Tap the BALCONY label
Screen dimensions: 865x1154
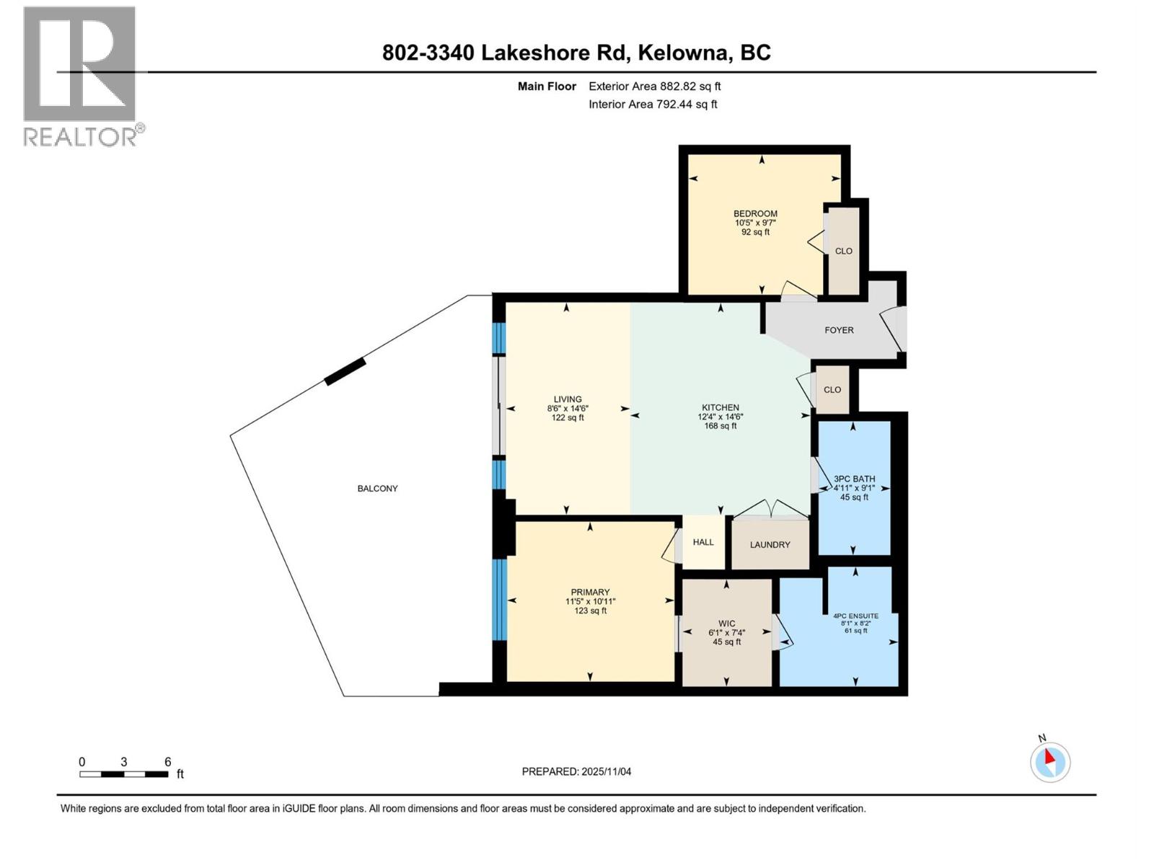pos(377,489)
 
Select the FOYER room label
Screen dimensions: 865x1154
pos(839,330)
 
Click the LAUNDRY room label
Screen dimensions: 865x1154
pos(770,545)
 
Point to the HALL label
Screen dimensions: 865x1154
pos(703,542)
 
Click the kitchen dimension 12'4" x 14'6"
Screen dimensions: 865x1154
pos(720,417)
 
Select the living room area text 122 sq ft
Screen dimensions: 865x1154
pos(568,418)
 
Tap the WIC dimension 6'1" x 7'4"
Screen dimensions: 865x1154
pos(726,633)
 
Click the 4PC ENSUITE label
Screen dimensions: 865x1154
pos(855,616)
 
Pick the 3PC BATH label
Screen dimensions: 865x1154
pos(854,479)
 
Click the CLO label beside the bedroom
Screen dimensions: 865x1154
pos(843,251)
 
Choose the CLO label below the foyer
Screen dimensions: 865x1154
pos(832,389)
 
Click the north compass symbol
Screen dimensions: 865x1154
pos(1049,762)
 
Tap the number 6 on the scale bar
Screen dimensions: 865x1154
pos(167,762)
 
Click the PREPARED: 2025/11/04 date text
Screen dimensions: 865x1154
pos(576,771)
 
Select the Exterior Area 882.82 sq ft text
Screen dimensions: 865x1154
pos(654,86)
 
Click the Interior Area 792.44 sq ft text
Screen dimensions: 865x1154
pos(653,104)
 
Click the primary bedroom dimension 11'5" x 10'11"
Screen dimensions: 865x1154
pos(590,601)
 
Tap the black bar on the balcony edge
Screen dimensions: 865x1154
pos(345,371)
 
